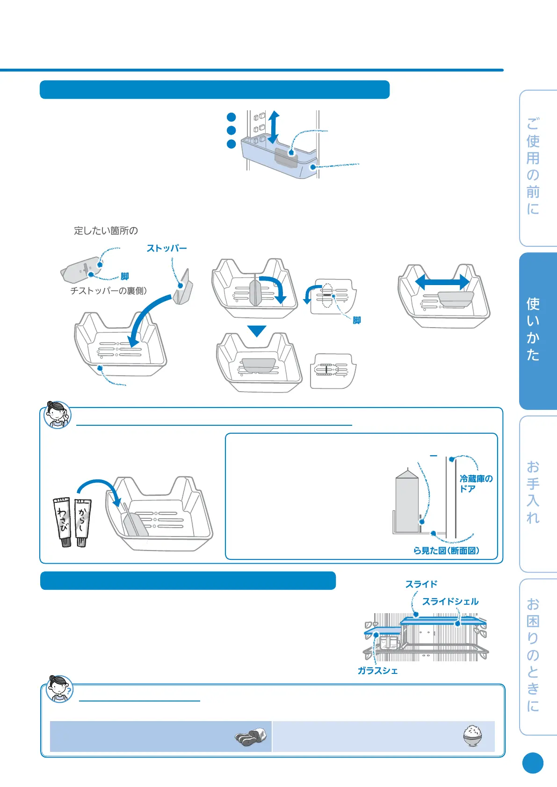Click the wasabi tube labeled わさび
(63, 521)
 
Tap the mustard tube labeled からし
(83, 521)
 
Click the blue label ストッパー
(166, 248)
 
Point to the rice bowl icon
(472, 736)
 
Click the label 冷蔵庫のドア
(476, 484)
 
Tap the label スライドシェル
(450, 601)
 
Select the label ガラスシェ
(378, 671)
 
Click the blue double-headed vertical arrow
(274, 127)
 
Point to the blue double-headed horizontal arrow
(442, 282)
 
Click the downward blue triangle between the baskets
(257, 330)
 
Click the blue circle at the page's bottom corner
(533, 763)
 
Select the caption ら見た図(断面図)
(446, 551)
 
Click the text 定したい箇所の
(106, 230)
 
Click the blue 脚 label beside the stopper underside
(124, 276)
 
